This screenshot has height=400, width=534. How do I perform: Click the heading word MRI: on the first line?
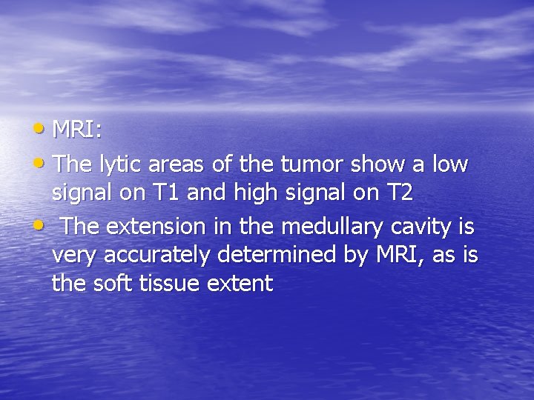(x=77, y=130)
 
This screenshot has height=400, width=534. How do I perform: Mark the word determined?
(x=277, y=257)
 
